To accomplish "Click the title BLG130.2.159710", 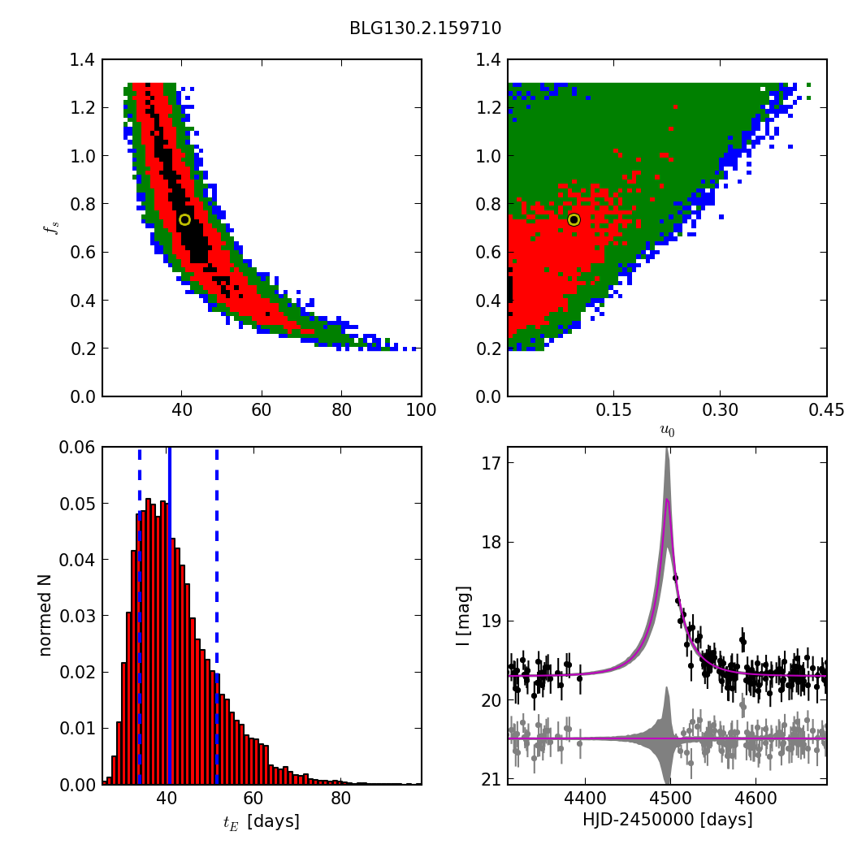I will [425, 28].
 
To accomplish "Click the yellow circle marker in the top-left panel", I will [184, 219].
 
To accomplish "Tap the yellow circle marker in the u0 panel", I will [574, 219].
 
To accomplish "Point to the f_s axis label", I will [53, 228].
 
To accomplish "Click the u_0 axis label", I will [667, 431].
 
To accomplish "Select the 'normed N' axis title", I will [45, 616].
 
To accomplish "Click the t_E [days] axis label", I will [262, 821].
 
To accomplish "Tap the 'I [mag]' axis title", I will [463, 616].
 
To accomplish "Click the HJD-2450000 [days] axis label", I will [667, 820].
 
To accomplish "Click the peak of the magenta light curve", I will [667, 500].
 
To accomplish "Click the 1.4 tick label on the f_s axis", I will [82, 60].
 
